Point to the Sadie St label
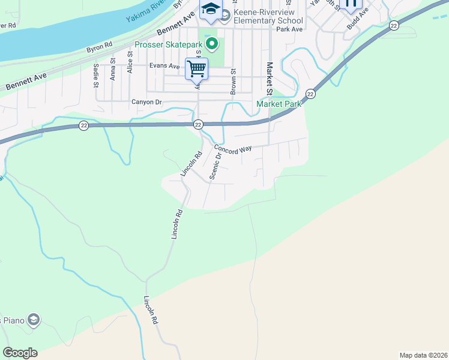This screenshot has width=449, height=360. coord(96,75)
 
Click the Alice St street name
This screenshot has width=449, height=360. coord(130,63)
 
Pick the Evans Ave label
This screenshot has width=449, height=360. coord(164,66)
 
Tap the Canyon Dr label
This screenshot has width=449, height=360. coord(146,102)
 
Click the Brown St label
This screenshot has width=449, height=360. coord(234,81)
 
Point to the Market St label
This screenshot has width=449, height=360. coord(270,76)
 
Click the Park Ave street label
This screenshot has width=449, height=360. coord(288,29)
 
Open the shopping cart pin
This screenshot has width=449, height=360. coord(196,69)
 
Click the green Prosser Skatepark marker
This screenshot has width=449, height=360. coord(211,43)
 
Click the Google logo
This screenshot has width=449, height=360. coord(20,353)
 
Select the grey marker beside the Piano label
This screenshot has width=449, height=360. coord(33,319)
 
